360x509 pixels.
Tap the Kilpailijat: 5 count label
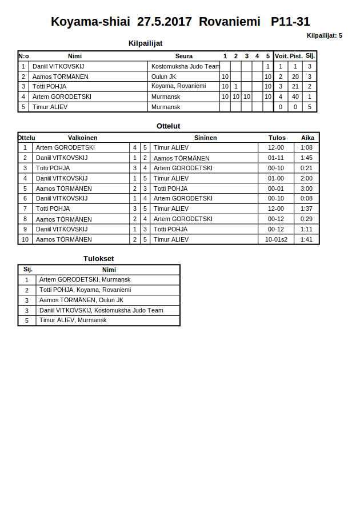click(324, 35)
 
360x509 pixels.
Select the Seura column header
click(183, 56)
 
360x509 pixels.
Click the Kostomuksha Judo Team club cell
click(185, 66)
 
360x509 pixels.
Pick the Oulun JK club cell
click(163, 77)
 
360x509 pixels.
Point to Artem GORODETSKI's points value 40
click(295, 97)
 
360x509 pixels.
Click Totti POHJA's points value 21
click(295, 86)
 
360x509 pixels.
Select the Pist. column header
click(296, 56)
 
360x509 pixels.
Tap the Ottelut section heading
click(169, 126)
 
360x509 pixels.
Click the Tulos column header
click(277, 138)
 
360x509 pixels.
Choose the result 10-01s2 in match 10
click(276, 239)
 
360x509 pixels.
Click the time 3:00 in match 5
click(306, 189)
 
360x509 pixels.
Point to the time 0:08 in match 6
click(306, 198)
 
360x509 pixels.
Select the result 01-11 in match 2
click(276, 158)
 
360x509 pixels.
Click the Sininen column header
click(205, 138)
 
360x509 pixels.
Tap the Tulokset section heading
click(98, 258)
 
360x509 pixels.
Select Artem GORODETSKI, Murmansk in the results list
click(85, 279)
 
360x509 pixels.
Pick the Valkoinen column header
click(82, 138)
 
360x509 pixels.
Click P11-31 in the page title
click(290, 22)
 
